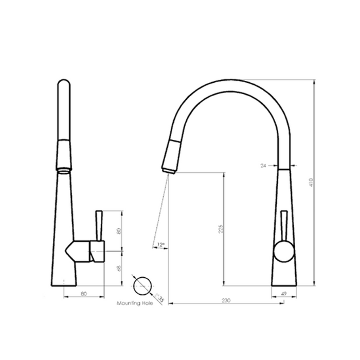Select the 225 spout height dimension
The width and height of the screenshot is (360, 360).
[220, 228]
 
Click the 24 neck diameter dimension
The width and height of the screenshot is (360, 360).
[263, 166]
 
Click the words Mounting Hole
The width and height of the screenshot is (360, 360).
[133, 303]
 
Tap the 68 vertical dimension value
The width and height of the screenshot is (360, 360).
[118, 267]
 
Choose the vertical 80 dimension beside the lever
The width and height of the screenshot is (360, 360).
[118, 230]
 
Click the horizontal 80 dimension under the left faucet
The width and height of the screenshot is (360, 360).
[84, 294]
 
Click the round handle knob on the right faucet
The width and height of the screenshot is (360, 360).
[283, 253]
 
